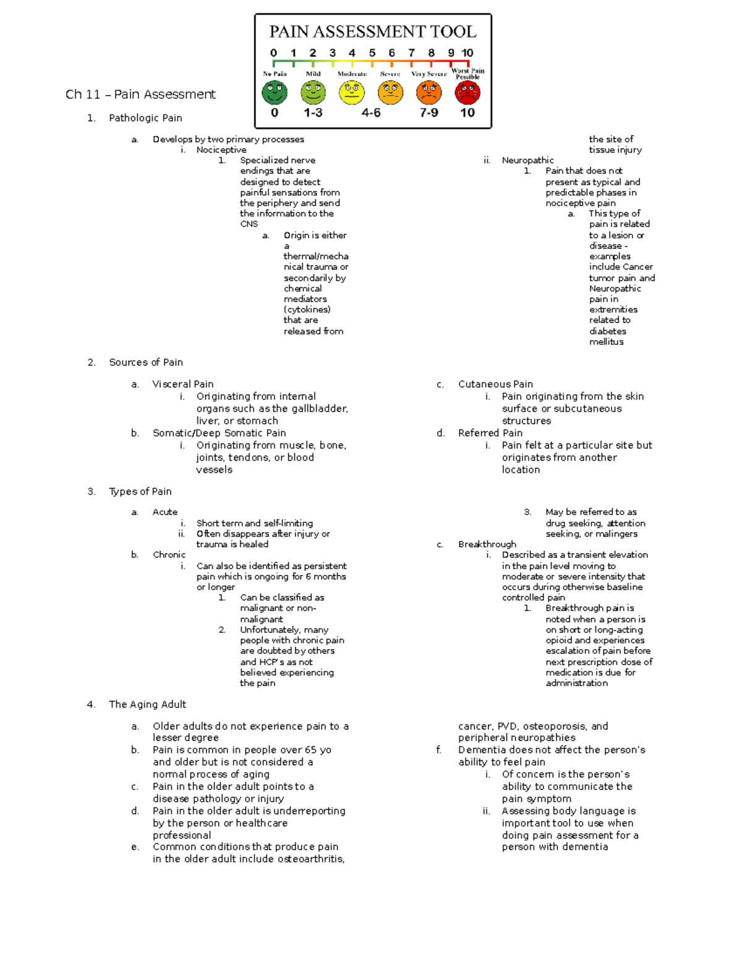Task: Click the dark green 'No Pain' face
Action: [x=275, y=93]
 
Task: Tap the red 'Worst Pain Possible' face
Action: [x=467, y=93]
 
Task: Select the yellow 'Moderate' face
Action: [x=352, y=93]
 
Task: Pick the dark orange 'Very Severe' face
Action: [x=429, y=93]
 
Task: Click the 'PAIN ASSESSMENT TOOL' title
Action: [x=372, y=32]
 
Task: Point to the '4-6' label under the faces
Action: [x=371, y=113]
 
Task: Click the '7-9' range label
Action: [x=429, y=113]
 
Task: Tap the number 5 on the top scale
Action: [x=372, y=53]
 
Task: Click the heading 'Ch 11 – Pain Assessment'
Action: [x=140, y=95]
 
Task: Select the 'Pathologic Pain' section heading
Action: [x=145, y=118]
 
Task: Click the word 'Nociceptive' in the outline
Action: [x=221, y=150]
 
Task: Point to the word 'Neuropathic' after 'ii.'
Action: [x=527, y=160]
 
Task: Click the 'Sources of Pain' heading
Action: [x=146, y=362]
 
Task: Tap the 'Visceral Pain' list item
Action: [x=183, y=384]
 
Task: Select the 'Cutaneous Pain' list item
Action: [x=495, y=384]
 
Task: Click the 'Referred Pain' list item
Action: [x=490, y=433]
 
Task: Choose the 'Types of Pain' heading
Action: [x=140, y=491]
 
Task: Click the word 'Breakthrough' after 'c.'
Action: [x=487, y=544]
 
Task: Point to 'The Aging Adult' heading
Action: [x=147, y=704]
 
